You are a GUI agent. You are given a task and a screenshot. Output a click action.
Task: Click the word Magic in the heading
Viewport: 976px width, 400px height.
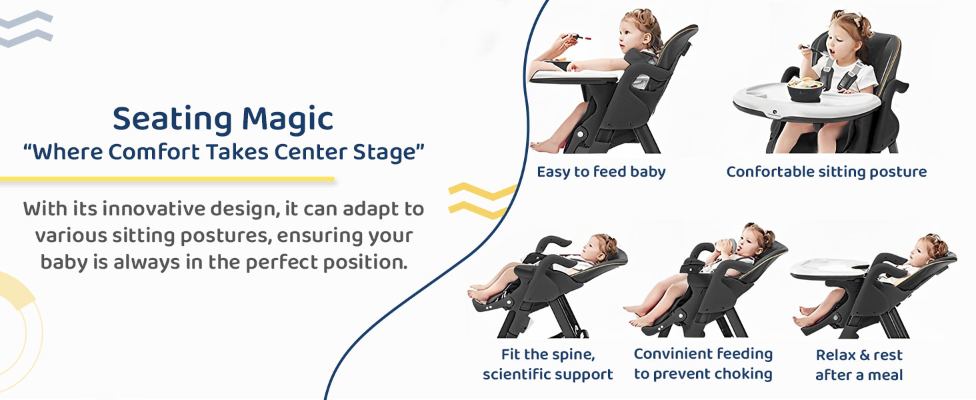tap(287, 119)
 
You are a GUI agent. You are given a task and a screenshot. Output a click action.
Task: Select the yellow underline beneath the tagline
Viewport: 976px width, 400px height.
tap(167, 179)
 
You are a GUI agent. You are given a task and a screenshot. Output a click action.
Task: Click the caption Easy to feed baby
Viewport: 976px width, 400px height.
tap(601, 172)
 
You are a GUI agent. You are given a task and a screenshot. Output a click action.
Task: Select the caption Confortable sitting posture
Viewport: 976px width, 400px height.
tap(826, 172)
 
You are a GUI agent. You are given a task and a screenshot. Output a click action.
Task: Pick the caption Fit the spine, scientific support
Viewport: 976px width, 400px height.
tap(547, 364)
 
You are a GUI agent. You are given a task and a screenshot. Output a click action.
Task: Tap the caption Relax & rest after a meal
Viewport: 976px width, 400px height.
tap(859, 364)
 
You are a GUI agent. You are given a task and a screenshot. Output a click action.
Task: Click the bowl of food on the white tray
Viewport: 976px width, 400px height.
tap(804, 89)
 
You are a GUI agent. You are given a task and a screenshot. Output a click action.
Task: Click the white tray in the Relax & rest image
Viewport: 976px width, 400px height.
tap(830, 269)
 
